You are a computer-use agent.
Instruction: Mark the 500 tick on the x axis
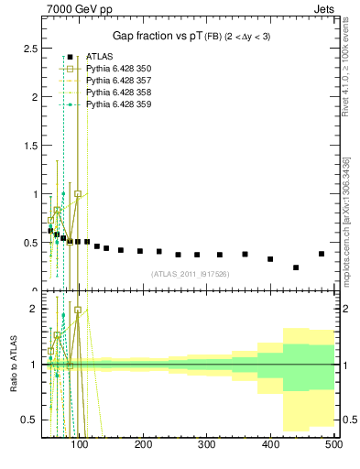[333, 444]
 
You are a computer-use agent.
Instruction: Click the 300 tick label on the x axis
[206, 444]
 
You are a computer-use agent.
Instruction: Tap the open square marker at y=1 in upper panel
[78, 194]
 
